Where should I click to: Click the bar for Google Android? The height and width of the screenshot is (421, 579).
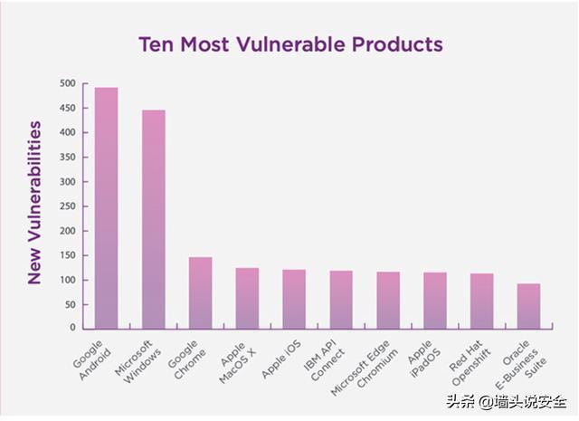(107, 208)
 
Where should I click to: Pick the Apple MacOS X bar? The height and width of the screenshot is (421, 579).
(247, 298)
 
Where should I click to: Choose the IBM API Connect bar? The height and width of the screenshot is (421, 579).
(341, 300)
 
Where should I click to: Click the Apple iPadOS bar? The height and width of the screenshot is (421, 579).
(435, 301)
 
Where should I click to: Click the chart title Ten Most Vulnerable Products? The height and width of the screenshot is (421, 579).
(289, 43)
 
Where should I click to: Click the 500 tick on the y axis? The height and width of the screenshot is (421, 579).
(68, 83)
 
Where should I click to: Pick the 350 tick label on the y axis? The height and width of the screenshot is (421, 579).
(68, 158)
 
